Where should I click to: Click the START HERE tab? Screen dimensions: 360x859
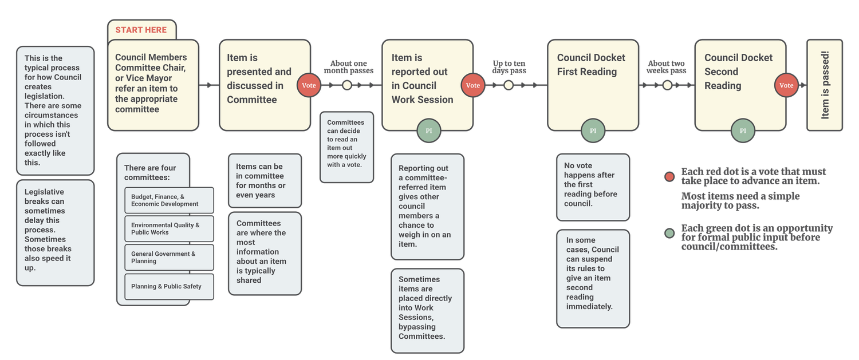point(141,30)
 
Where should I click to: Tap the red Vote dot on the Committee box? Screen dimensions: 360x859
point(309,85)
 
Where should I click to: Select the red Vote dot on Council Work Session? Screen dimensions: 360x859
point(473,85)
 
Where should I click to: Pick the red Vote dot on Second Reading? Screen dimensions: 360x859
point(786,85)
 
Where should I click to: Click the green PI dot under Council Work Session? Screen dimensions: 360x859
point(428,131)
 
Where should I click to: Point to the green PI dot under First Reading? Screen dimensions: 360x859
point(593,131)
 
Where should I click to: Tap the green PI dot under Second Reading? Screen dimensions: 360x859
point(743,131)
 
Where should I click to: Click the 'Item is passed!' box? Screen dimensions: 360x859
point(825,85)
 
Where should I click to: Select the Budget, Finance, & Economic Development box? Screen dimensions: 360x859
point(169,200)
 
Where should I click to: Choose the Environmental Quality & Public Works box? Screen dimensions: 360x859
point(169,229)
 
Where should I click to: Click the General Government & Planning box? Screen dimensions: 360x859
point(169,258)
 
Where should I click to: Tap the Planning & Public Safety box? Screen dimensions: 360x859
point(169,286)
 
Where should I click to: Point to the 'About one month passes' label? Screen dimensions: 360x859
point(348,67)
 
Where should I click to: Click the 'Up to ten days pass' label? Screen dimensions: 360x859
point(509,67)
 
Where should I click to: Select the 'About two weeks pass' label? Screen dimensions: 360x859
point(666,67)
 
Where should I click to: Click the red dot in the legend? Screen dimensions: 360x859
point(669,177)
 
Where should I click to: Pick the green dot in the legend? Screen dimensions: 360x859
point(669,234)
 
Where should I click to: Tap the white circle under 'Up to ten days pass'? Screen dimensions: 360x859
point(509,85)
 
